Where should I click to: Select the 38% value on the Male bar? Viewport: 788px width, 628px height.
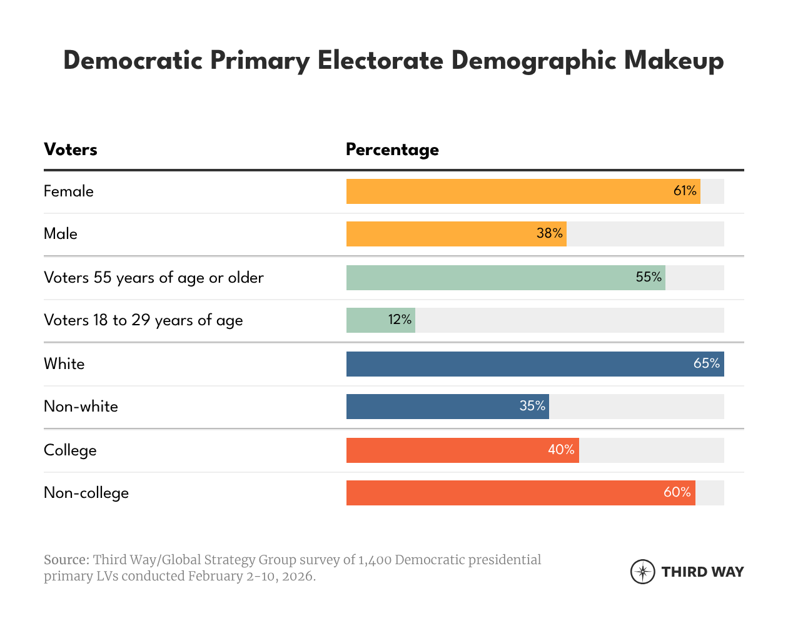click(550, 233)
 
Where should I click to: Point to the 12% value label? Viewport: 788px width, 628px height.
click(400, 320)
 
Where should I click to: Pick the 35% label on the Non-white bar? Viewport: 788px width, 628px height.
click(532, 406)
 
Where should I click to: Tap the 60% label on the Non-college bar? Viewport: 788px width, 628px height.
click(677, 492)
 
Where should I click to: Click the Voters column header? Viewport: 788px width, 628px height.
click(71, 149)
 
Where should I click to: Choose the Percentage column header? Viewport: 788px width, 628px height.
click(392, 149)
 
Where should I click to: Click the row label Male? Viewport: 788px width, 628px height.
click(61, 234)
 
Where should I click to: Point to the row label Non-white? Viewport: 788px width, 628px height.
click(81, 407)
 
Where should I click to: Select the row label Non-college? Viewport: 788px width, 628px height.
click(86, 493)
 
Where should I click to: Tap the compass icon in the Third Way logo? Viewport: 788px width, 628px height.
click(642, 572)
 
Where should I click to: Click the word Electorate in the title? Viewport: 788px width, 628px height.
click(380, 61)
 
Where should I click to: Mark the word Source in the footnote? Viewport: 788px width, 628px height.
click(66, 560)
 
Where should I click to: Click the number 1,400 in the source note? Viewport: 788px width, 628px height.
click(375, 560)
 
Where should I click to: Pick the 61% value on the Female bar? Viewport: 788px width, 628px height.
click(685, 191)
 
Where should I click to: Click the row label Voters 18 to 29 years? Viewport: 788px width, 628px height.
click(143, 320)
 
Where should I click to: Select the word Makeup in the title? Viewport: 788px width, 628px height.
click(674, 61)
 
